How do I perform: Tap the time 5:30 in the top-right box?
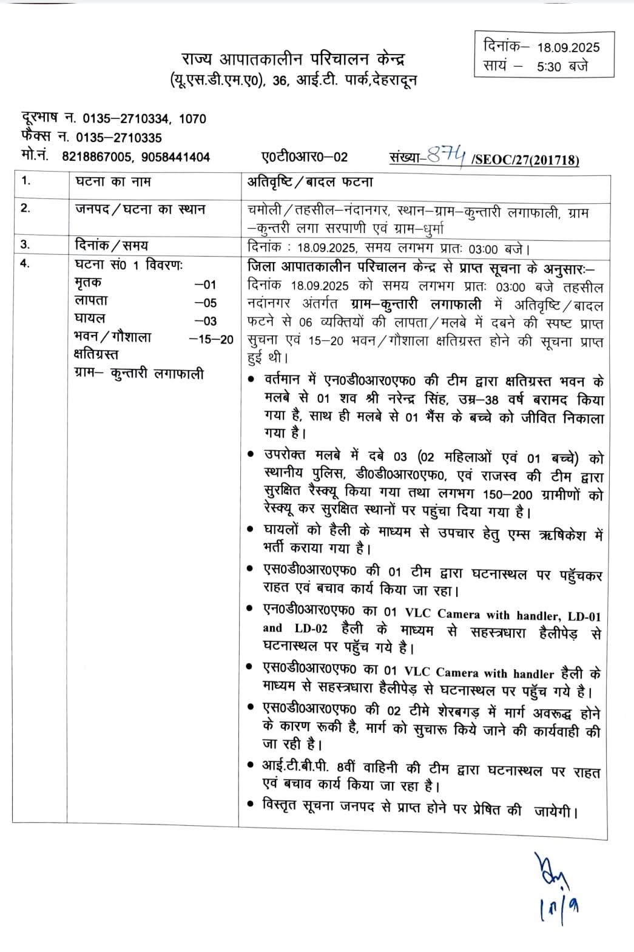550,66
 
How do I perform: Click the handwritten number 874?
450,157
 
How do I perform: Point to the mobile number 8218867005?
96,157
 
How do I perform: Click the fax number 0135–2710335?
122,138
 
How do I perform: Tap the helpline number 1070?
193,119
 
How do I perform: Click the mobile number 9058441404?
175,157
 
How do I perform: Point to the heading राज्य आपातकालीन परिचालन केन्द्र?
293,60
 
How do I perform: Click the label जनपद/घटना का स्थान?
140,209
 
